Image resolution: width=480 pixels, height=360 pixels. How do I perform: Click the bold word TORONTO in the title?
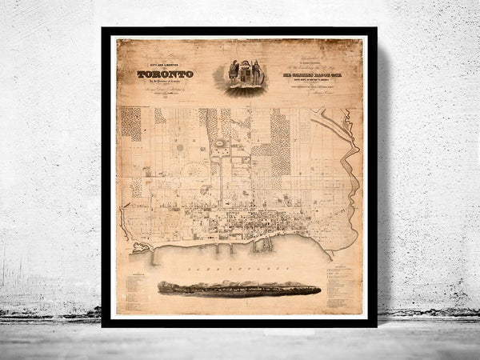click(x=164, y=74)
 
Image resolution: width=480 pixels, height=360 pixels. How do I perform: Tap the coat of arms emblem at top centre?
click(x=244, y=73)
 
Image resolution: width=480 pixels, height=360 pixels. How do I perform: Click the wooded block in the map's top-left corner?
click(x=130, y=124)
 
